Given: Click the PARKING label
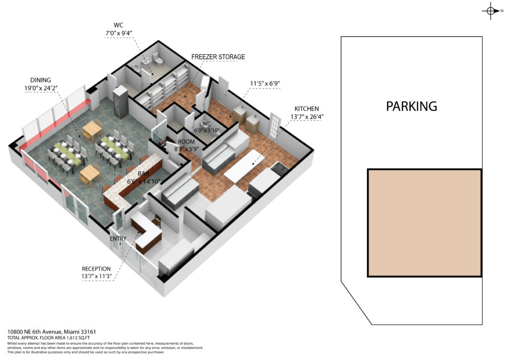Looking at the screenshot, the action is pyautogui.click(x=411, y=106).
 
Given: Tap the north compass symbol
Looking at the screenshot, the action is pyautogui.click(x=492, y=11).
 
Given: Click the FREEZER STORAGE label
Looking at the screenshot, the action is pyautogui.click(x=218, y=57).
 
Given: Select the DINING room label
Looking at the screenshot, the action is pyautogui.click(x=41, y=80).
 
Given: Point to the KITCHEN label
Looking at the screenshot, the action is pyautogui.click(x=306, y=109).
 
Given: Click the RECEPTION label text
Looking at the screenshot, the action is pyautogui.click(x=96, y=269).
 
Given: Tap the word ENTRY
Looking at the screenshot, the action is pyautogui.click(x=118, y=239).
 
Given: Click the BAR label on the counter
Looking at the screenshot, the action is pyautogui.click(x=144, y=174).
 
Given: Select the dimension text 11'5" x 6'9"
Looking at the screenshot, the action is pyautogui.click(x=265, y=84).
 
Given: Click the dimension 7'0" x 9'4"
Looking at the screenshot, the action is pyautogui.click(x=118, y=33).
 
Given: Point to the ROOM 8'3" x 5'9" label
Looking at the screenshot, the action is pyautogui.click(x=186, y=145).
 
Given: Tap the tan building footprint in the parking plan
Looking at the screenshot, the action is pyautogui.click(x=424, y=223).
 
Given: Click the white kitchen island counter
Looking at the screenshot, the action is pyautogui.click(x=245, y=166).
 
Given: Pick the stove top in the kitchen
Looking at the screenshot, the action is pyautogui.click(x=279, y=167).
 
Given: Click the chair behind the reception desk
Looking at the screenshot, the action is pyautogui.click(x=156, y=221).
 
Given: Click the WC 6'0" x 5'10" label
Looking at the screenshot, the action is pyautogui.click(x=206, y=127).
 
